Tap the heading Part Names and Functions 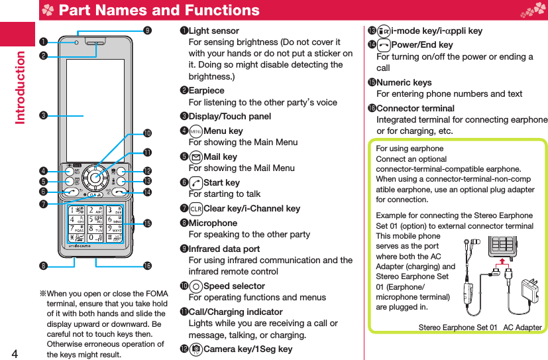pyautogui.click(x=158, y=10)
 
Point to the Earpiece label pyautogui.click(x=207, y=91)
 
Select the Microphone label pyautogui.click(x=213, y=223)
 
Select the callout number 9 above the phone pyautogui.click(x=146, y=30)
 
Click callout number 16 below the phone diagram pyautogui.click(x=146, y=267)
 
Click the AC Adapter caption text pyautogui.click(x=522, y=328)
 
